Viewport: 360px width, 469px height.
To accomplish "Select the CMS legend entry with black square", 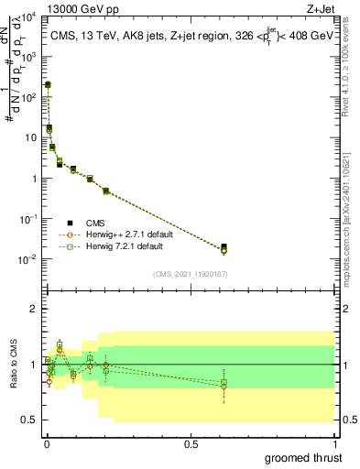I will click(95, 223).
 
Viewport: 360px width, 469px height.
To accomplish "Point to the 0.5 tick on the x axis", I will click(191, 443).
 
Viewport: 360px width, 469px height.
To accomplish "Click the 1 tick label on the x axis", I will click(335, 443).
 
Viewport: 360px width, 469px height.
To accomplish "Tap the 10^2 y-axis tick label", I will click(31, 97).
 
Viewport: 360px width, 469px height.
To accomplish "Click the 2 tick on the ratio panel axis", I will click(35, 309).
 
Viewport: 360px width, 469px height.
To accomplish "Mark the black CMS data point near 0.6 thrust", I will click(224, 246).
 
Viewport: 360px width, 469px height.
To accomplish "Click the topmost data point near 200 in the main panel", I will click(48, 84).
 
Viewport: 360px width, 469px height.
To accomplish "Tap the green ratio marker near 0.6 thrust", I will click(224, 382).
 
